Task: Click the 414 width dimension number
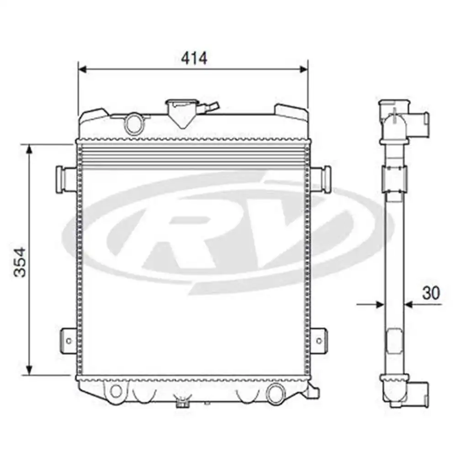[x=194, y=58]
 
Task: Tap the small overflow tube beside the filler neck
[x=213, y=107]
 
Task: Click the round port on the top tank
[x=134, y=123]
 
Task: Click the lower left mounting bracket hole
[x=69, y=340]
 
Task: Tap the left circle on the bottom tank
[x=116, y=391]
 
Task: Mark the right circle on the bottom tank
[x=275, y=393]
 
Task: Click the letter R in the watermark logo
[x=183, y=233]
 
